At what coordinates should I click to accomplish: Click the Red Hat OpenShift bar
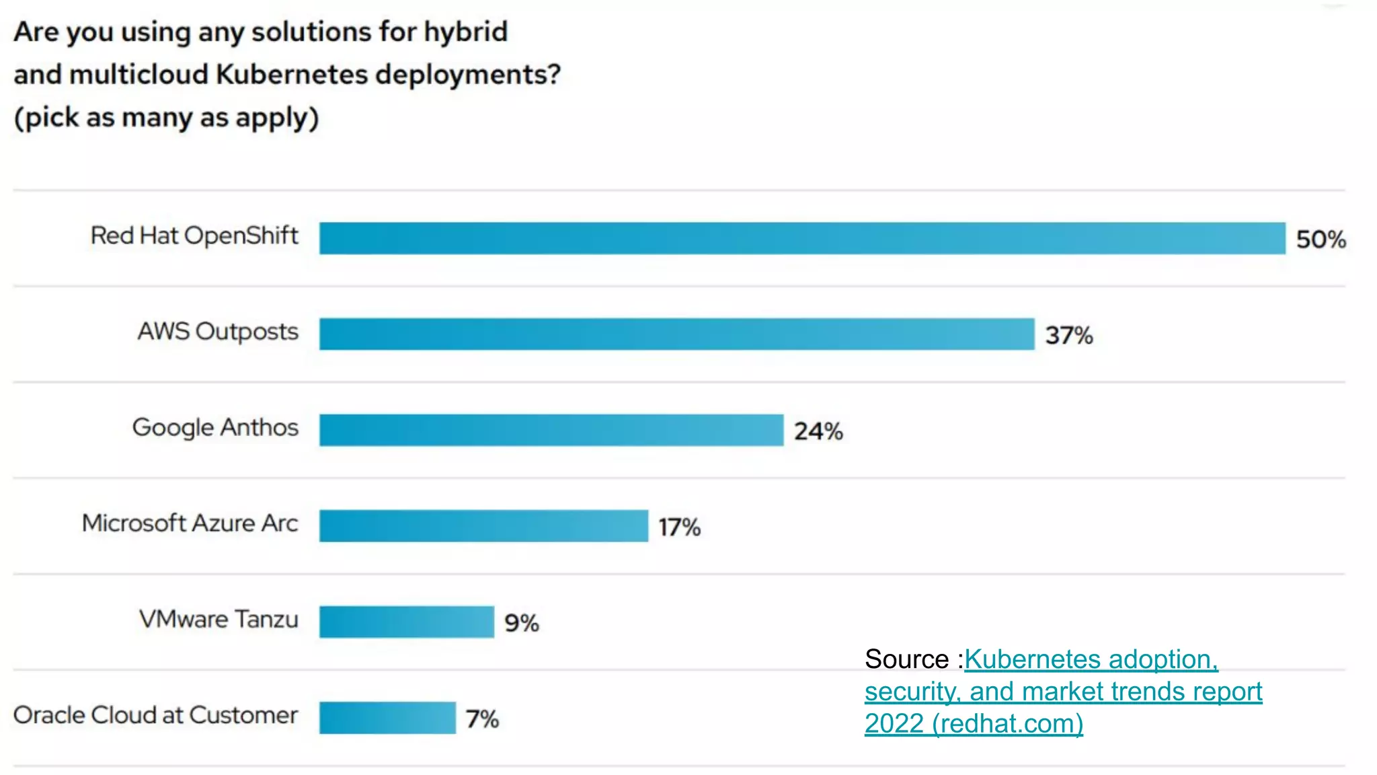click(x=801, y=238)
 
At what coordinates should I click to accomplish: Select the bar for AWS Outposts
click(x=676, y=334)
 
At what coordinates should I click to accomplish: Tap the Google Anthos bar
click(x=551, y=430)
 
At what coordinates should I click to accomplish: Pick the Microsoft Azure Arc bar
click(x=483, y=526)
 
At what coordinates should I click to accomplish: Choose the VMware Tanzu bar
click(x=406, y=622)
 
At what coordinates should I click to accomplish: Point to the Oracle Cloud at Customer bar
click(x=387, y=718)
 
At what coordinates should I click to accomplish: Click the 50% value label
click(x=1321, y=239)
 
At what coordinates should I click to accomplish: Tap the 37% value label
click(x=1068, y=335)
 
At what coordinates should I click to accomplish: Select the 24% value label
click(x=818, y=431)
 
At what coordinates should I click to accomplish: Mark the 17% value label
click(x=679, y=527)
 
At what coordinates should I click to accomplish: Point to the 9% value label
click(x=522, y=623)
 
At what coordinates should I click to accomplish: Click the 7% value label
click(x=482, y=719)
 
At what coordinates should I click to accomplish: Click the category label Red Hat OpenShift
click(x=194, y=235)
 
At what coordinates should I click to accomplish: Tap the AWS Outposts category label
click(x=218, y=332)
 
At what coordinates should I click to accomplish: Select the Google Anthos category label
click(x=215, y=428)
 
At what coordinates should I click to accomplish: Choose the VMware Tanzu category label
click(x=219, y=619)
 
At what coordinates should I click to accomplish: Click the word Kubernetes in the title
click(x=292, y=74)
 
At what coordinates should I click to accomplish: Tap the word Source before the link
click(x=906, y=659)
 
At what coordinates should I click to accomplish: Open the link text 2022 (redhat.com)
click(x=974, y=724)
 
